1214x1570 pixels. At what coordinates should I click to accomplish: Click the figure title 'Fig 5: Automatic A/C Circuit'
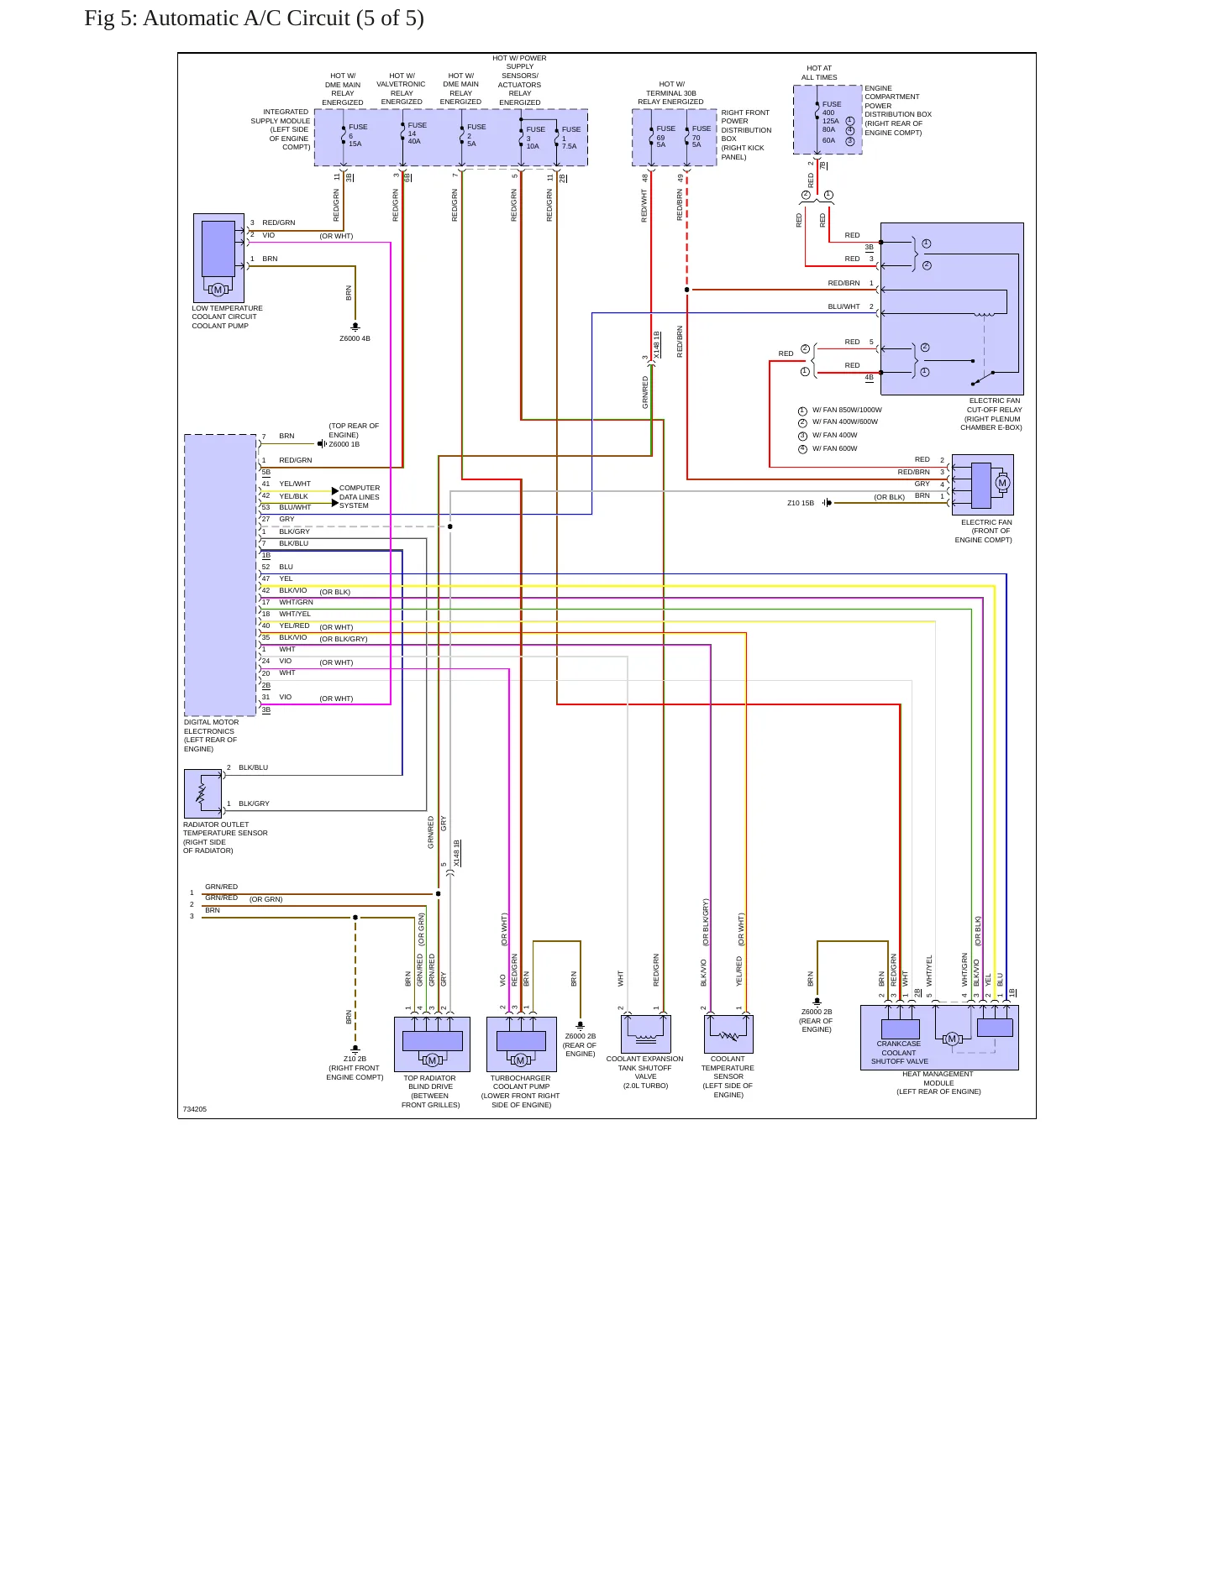[217, 18]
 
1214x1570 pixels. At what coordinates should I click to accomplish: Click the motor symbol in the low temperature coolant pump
[218, 290]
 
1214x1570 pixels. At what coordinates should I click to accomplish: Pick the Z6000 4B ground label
[355, 338]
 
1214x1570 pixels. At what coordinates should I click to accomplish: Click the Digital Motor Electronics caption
[211, 735]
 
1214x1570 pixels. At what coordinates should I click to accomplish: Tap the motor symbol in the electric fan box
[1001, 483]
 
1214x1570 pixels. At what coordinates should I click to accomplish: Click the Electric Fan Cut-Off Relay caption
[991, 414]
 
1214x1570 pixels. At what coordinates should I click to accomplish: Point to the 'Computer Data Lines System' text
[360, 496]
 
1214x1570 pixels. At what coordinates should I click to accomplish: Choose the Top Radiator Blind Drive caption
[430, 1091]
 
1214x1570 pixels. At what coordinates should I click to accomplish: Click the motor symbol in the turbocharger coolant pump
[520, 1060]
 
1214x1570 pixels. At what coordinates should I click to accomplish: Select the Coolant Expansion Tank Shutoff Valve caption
[645, 1072]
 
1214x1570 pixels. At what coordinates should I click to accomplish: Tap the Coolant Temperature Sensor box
[728, 1034]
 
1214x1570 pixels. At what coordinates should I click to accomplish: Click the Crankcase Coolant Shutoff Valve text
[899, 1053]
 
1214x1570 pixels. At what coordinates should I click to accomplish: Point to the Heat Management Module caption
[938, 1082]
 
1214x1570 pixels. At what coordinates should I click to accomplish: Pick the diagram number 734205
[194, 1109]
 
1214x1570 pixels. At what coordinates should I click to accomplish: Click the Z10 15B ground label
[801, 503]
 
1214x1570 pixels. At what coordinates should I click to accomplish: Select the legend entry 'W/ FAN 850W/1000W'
[847, 410]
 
